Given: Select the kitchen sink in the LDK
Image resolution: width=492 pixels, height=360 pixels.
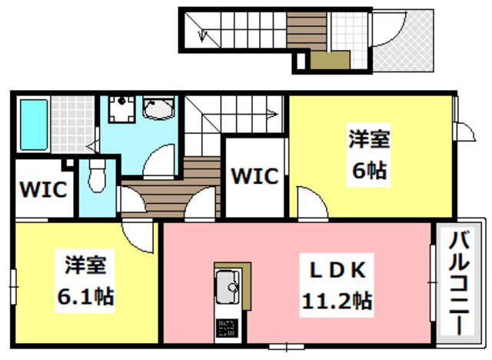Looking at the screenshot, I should coord(228,287).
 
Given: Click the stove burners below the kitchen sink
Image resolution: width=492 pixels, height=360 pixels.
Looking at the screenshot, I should coord(228,328).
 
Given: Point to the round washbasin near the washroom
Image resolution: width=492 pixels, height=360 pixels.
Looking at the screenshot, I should coord(160,110).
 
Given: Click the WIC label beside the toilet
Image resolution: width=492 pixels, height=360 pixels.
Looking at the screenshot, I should coord(42,188).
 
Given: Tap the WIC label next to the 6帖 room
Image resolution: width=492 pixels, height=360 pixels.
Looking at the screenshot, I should coord(254,175).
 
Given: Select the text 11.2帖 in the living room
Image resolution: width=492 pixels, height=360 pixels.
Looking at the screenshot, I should coord(337,301).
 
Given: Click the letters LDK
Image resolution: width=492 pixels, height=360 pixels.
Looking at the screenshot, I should coord(338,270).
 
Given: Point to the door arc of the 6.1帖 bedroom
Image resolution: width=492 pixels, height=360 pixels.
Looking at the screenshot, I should coord(138,235).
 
